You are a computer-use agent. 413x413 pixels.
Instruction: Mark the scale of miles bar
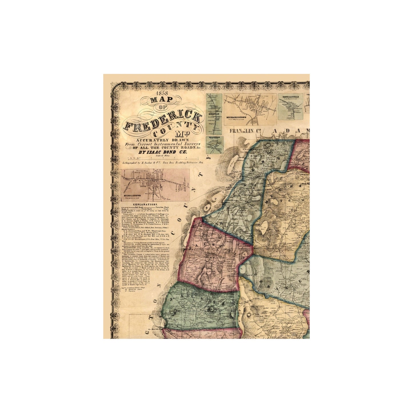(161, 158)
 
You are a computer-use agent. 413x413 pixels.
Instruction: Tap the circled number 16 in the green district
(211, 309)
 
